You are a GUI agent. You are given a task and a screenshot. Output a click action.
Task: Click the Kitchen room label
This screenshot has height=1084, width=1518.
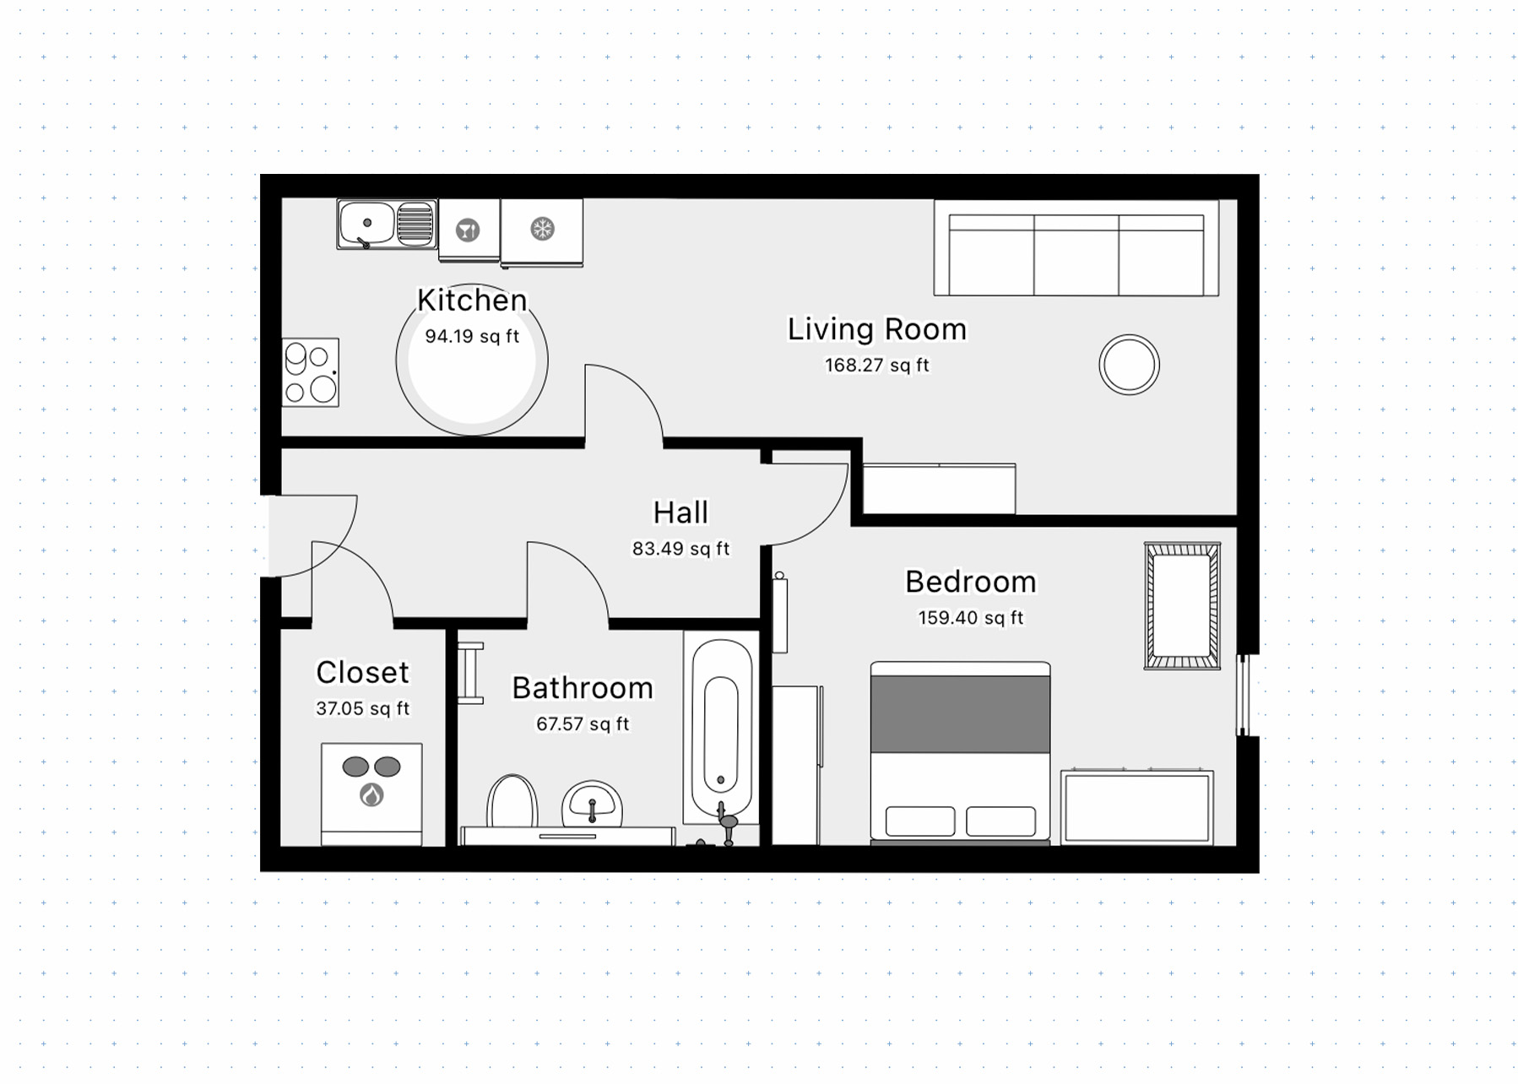coord(472,300)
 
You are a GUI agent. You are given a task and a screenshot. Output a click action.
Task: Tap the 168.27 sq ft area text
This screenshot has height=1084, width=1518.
coord(877,366)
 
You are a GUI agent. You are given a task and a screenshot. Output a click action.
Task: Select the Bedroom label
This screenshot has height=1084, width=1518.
coord(971,582)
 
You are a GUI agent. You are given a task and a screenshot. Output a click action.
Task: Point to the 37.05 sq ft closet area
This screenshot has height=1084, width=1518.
coord(363,708)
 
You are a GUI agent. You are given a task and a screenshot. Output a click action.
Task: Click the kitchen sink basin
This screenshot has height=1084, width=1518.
coord(366,223)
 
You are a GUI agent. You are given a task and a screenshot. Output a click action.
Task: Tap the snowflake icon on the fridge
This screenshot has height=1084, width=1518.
coord(542,228)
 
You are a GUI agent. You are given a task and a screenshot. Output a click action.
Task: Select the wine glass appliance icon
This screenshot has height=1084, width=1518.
coord(468,230)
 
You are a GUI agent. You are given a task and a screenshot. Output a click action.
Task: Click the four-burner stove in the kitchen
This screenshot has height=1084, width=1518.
coord(310,372)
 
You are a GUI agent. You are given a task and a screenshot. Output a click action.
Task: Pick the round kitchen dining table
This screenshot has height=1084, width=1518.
coord(472,360)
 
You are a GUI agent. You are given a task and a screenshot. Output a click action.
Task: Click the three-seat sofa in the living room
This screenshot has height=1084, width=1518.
coord(1076,248)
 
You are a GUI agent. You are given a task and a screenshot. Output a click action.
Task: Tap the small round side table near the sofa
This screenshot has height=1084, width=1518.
coord(1129,365)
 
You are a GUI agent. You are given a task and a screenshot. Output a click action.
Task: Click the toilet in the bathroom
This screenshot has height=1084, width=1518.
coord(512,801)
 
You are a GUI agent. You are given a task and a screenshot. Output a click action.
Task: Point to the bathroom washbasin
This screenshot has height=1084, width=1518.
coord(592,804)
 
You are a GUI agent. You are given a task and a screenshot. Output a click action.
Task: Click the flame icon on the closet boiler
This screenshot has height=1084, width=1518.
coord(371,794)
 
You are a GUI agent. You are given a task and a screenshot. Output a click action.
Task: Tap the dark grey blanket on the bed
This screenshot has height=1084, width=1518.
coord(961,713)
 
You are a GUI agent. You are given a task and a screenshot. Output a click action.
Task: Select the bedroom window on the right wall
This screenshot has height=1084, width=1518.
coord(1244,695)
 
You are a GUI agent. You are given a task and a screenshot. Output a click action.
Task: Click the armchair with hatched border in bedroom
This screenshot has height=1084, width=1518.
coord(1182,606)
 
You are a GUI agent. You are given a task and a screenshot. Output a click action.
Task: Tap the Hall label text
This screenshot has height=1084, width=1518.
coord(680,512)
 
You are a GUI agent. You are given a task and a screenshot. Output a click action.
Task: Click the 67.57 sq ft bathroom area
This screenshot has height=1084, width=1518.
coord(583,724)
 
